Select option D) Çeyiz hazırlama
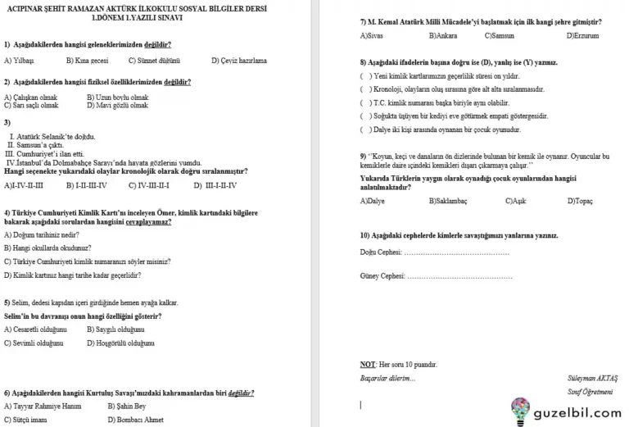(x=238, y=61)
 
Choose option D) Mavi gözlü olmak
(x=117, y=105)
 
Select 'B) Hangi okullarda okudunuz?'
(x=48, y=247)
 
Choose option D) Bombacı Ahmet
(x=130, y=420)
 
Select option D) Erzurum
(x=582, y=36)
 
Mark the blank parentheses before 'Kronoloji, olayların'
(x=364, y=89)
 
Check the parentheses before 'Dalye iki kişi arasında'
(x=364, y=129)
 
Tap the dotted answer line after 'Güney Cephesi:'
(x=460, y=276)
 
